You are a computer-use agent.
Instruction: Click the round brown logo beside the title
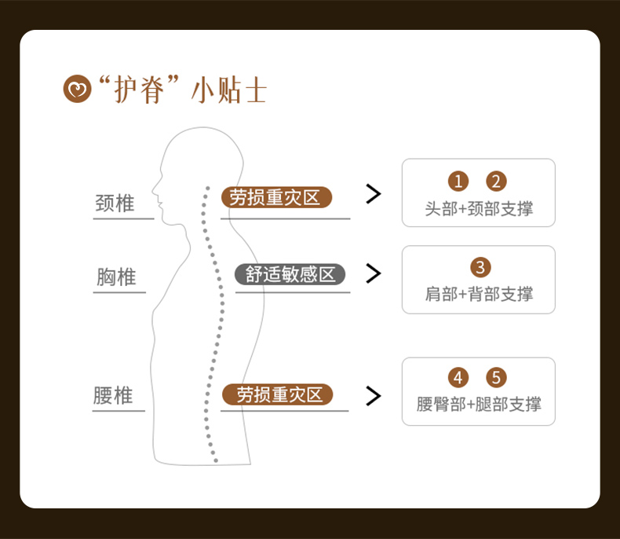76,90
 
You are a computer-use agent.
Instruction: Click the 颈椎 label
115,203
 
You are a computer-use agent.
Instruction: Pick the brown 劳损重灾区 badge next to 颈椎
276,197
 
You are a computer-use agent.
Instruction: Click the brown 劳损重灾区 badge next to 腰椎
276,394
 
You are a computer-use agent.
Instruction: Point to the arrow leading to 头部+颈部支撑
374,193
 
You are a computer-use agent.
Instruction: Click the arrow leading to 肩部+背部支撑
374,273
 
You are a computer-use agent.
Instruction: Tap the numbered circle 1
458,181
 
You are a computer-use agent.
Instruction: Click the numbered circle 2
497,181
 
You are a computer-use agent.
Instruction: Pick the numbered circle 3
480,267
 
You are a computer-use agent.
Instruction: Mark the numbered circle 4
458,378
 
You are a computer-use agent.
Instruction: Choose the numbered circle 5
497,378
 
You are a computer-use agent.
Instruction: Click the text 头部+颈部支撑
479,209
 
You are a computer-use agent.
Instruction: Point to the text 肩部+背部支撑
479,294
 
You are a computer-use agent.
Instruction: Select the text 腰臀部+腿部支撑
479,405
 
